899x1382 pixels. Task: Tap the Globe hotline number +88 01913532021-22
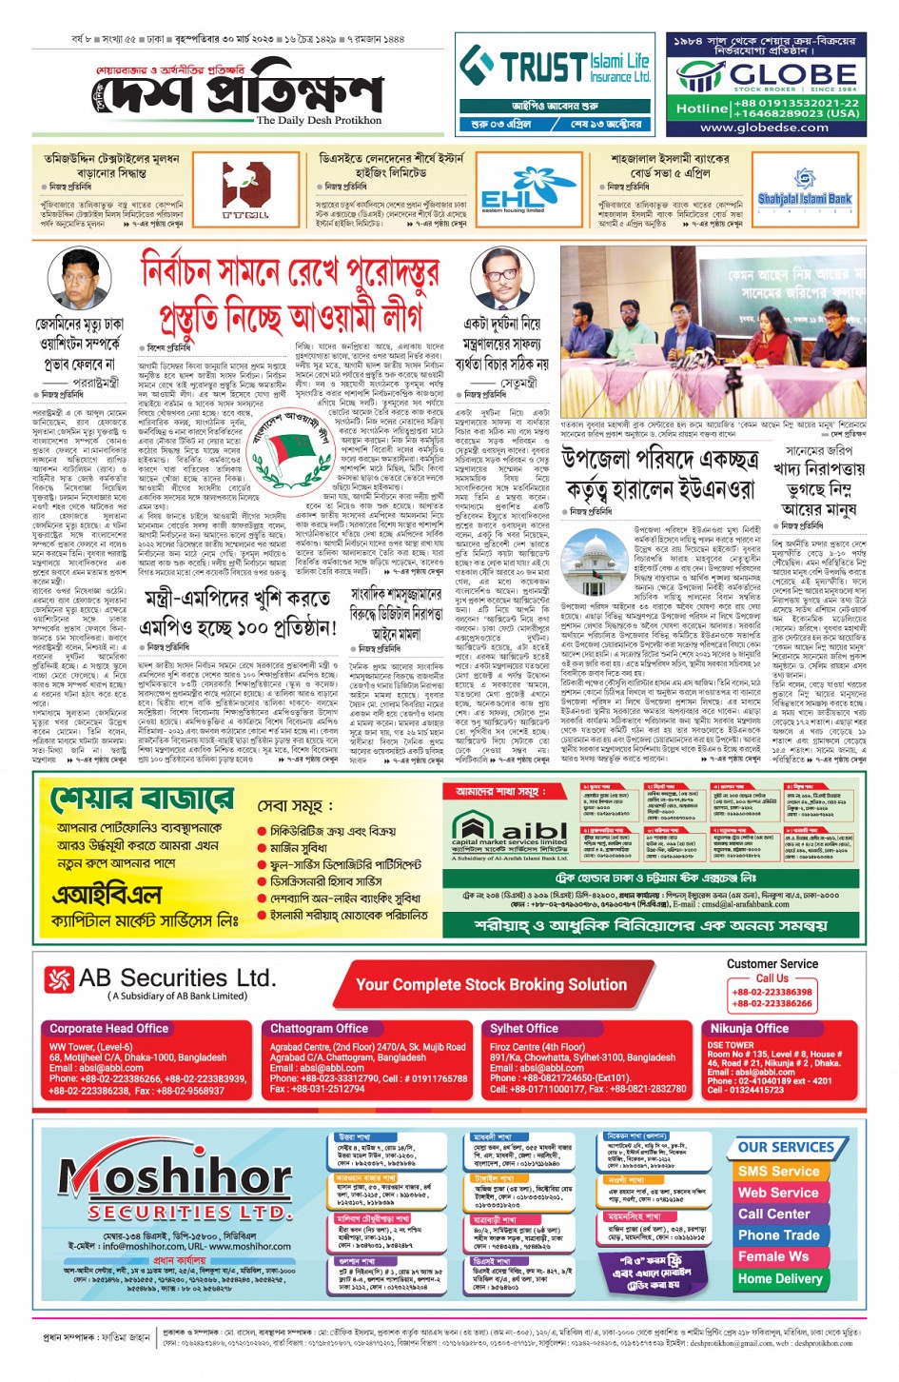(x=795, y=103)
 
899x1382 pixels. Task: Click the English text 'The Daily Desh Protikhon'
(x=319, y=121)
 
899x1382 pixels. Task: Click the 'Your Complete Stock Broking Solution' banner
(x=491, y=985)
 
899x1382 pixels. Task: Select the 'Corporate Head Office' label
(x=108, y=1028)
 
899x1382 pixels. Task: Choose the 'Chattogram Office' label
(x=319, y=1028)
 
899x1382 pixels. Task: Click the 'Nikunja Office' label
(x=750, y=1028)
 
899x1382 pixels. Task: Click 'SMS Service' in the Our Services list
(x=778, y=1171)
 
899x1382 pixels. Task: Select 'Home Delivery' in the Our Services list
(x=780, y=1278)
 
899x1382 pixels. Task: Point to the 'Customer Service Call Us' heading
(x=772, y=970)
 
